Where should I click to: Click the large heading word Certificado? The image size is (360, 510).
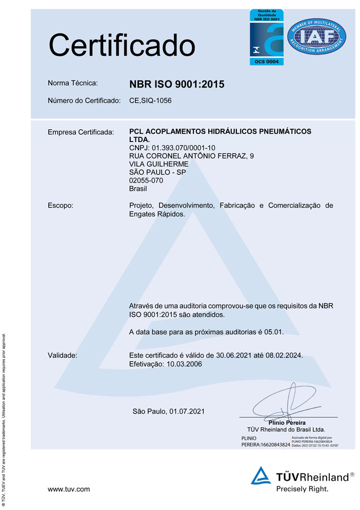pyautogui.click(x=122, y=45)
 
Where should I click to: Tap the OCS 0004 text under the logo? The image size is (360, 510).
pyautogui.click(x=266, y=62)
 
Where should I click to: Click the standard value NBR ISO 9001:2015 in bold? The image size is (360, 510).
pyautogui.click(x=177, y=85)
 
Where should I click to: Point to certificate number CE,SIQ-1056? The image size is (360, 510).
pyautogui.click(x=150, y=100)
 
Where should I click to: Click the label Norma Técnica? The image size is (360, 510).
pyautogui.click(x=72, y=83)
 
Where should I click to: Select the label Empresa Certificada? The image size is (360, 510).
pyautogui.click(x=80, y=133)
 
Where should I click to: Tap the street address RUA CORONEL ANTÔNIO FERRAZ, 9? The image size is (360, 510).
pyautogui.click(x=191, y=156)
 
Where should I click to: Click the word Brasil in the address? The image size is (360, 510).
pyautogui.click(x=138, y=188)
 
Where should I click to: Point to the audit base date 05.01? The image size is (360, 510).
pyautogui.click(x=273, y=332)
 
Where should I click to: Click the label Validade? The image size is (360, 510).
pyautogui.click(x=62, y=355)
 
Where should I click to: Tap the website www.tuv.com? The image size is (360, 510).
pyautogui.click(x=69, y=489)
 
